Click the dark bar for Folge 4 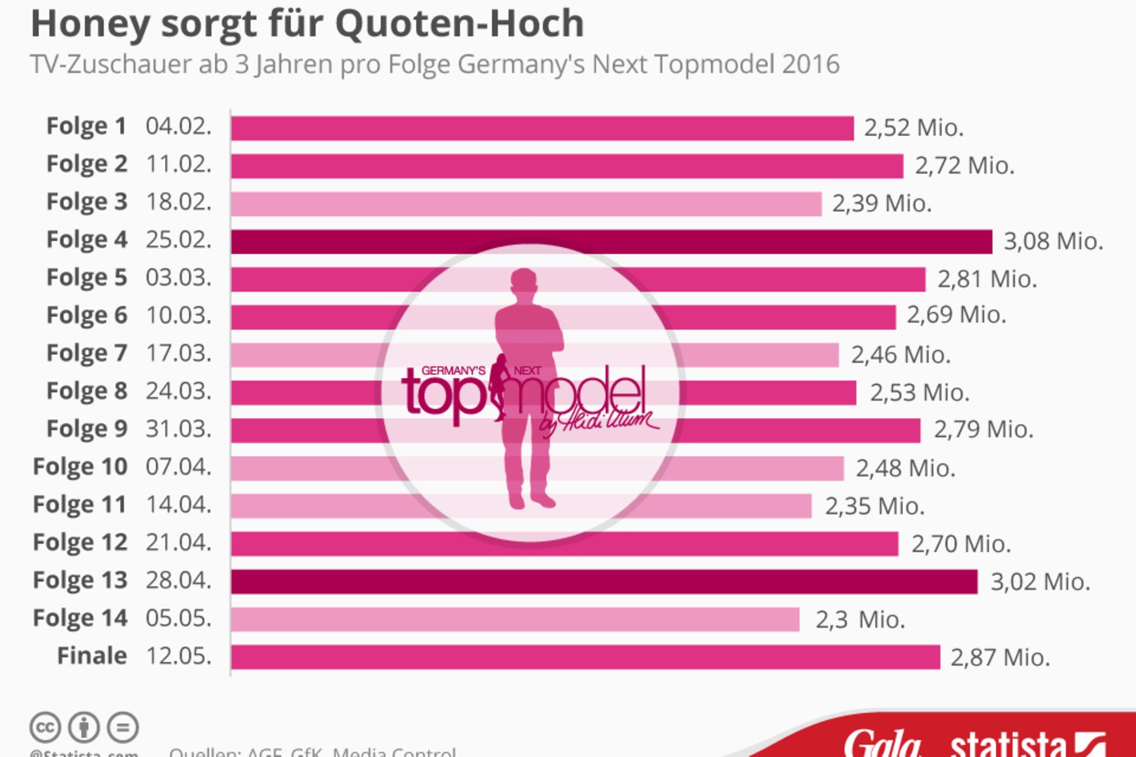(x=610, y=242)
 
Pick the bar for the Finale (x=585, y=657)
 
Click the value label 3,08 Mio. (x=1053, y=242)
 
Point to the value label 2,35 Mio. (x=875, y=506)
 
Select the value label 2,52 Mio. (x=914, y=128)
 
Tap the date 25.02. (x=179, y=240)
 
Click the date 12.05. (x=179, y=656)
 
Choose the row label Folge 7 (x=87, y=353)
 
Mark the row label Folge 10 (x=80, y=467)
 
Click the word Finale (x=92, y=656)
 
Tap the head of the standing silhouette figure (x=523, y=283)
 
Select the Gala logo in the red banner (x=882, y=743)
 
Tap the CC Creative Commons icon (x=45, y=727)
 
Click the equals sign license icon (x=123, y=727)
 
